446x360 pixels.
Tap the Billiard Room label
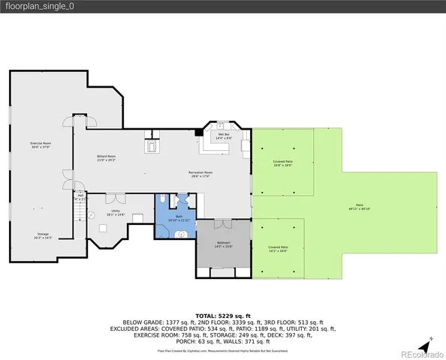pos(105,157)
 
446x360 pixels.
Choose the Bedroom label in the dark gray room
pos(224,244)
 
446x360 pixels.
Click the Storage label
pos(43,236)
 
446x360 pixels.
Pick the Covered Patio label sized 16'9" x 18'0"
pos(282,163)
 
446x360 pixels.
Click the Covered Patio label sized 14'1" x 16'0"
pos(279,248)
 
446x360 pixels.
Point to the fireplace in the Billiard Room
pos(152,144)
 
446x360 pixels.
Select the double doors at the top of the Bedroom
pos(222,223)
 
